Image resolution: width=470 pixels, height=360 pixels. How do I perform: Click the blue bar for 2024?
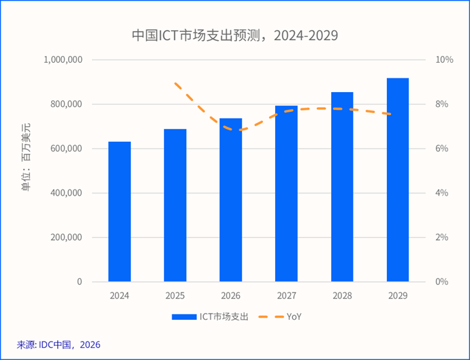(x=120, y=211)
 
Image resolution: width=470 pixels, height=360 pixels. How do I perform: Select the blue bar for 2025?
(x=175, y=205)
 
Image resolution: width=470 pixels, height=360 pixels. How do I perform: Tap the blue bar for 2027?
(x=286, y=194)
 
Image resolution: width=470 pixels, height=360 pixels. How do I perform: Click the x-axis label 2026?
(x=231, y=296)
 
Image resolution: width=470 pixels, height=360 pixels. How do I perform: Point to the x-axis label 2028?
(x=342, y=296)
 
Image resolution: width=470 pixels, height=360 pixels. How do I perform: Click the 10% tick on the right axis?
(x=444, y=60)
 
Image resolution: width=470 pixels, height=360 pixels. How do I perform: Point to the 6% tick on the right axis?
(x=442, y=149)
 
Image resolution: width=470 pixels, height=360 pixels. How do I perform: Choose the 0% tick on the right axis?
(x=442, y=282)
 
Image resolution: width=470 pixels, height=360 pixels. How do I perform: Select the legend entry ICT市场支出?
(x=224, y=316)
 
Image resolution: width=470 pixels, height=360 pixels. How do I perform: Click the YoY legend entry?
(x=294, y=316)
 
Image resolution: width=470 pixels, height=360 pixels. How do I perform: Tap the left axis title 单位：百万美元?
(x=26, y=157)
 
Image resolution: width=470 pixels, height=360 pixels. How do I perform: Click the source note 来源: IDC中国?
(x=58, y=344)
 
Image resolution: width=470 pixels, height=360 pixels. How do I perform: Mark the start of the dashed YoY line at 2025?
(x=176, y=83)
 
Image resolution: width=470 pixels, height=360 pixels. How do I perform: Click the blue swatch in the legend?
(x=183, y=316)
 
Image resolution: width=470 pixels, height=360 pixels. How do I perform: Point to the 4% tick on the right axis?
(x=442, y=193)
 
